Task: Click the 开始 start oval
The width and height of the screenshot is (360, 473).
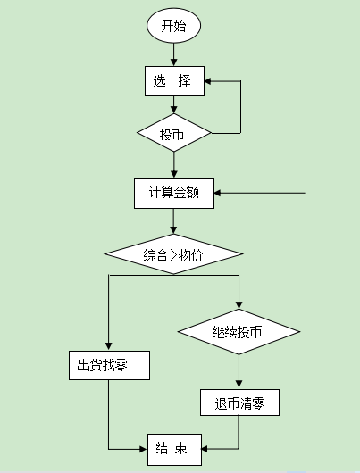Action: tap(174, 27)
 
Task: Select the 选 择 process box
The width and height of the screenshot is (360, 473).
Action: tap(174, 81)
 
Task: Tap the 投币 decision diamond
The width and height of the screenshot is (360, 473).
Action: tap(174, 134)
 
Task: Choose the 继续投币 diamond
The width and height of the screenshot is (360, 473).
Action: tap(239, 332)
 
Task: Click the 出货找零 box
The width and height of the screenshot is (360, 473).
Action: tap(108, 365)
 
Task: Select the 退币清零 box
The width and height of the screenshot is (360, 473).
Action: tap(239, 403)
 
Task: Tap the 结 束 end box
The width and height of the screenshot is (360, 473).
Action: tap(174, 448)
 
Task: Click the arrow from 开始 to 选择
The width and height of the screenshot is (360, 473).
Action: tap(174, 56)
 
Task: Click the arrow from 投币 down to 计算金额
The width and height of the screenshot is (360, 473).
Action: tap(174, 166)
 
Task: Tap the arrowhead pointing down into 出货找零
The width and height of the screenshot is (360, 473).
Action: tap(108, 347)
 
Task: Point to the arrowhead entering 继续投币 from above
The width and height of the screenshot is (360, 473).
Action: tap(239, 306)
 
